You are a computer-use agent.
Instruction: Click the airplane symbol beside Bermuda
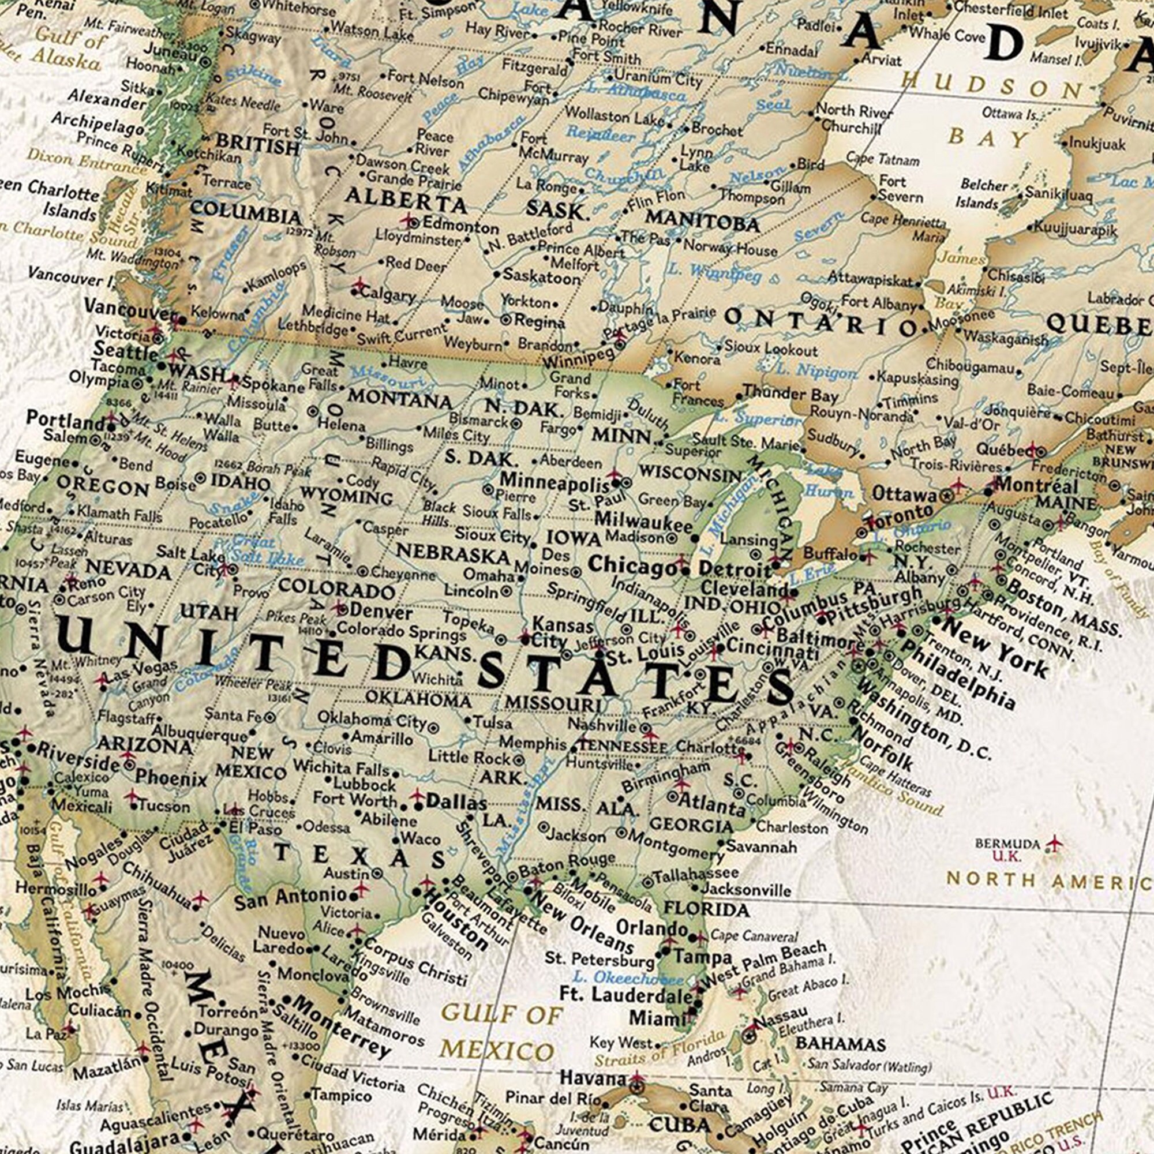click(x=1055, y=844)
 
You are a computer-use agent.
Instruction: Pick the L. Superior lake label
click(x=759, y=419)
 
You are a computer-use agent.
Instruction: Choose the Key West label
click(x=621, y=1043)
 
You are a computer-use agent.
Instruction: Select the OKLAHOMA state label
click(x=418, y=698)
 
